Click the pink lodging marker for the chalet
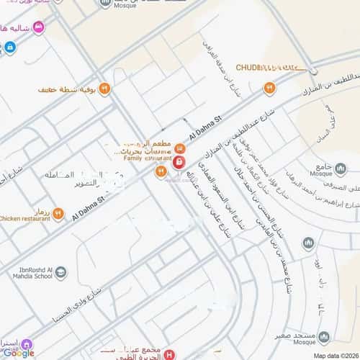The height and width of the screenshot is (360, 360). pyautogui.click(x=38, y=27)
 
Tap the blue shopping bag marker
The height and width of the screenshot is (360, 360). pyautogui.click(x=9, y=48)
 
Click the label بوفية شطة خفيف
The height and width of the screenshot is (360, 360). pyautogui.click(x=68, y=90)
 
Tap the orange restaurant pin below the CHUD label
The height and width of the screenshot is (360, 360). pyautogui.click(x=269, y=89)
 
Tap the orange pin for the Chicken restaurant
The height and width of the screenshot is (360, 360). pyautogui.click(x=58, y=214)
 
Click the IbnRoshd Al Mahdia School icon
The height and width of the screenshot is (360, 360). pyautogui.click(x=60, y=271)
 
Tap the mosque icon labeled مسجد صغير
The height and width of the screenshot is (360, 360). pyautogui.click(x=323, y=336)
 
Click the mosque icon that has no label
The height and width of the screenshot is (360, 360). pyautogui.click(x=308, y=244)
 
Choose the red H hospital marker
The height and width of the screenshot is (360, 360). pyautogui.click(x=168, y=354)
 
